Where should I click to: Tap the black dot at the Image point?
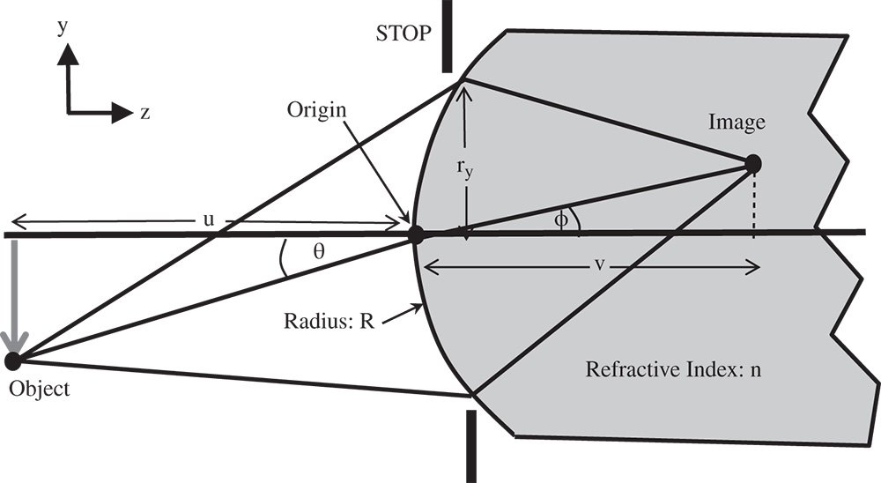[x=753, y=163]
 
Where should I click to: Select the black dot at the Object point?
[x=12, y=360]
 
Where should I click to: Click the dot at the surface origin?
[x=418, y=235]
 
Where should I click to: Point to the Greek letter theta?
[x=319, y=251]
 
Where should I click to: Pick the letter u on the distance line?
[x=209, y=220]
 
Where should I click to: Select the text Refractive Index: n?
[x=673, y=368]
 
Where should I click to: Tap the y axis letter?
[x=63, y=27]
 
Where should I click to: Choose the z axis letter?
[x=144, y=112]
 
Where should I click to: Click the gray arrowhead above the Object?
[x=15, y=339]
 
